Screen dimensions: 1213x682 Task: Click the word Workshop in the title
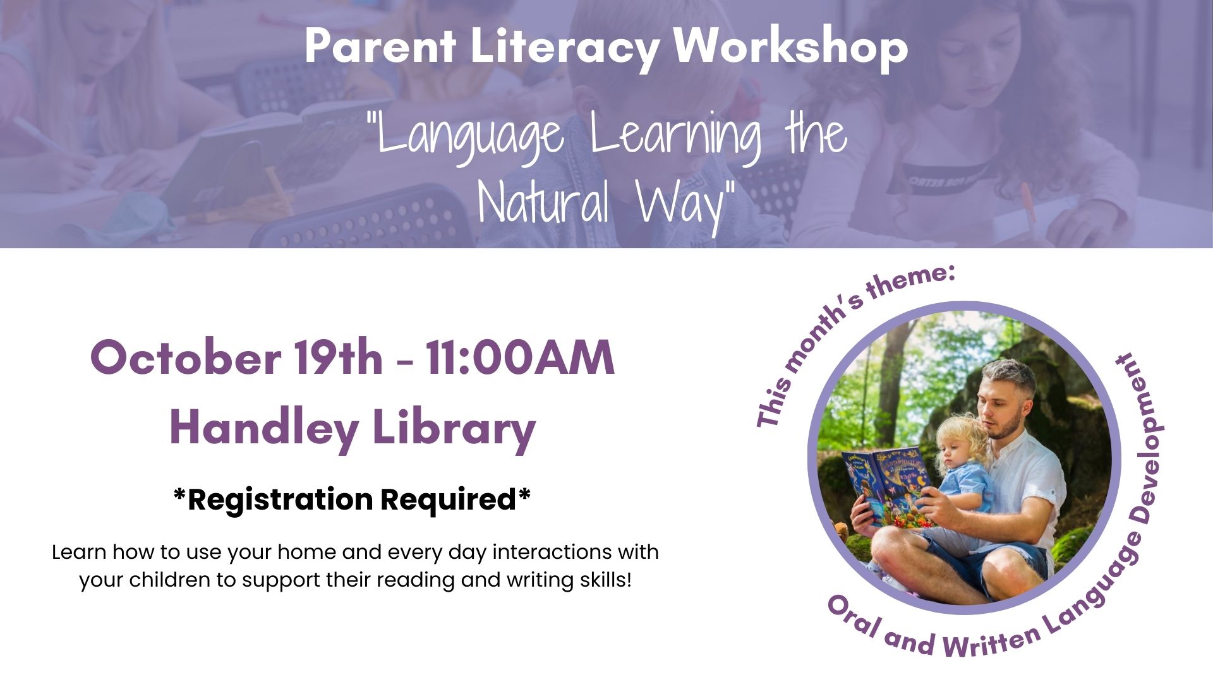pyautogui.click(x=790, y=47)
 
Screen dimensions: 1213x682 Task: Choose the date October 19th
pyautogui.click(x=236, y=357)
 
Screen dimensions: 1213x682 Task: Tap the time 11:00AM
pyautogui.click(x=519, y=357)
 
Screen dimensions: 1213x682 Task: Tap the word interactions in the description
pyautogui.click(x=552, y=552)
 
